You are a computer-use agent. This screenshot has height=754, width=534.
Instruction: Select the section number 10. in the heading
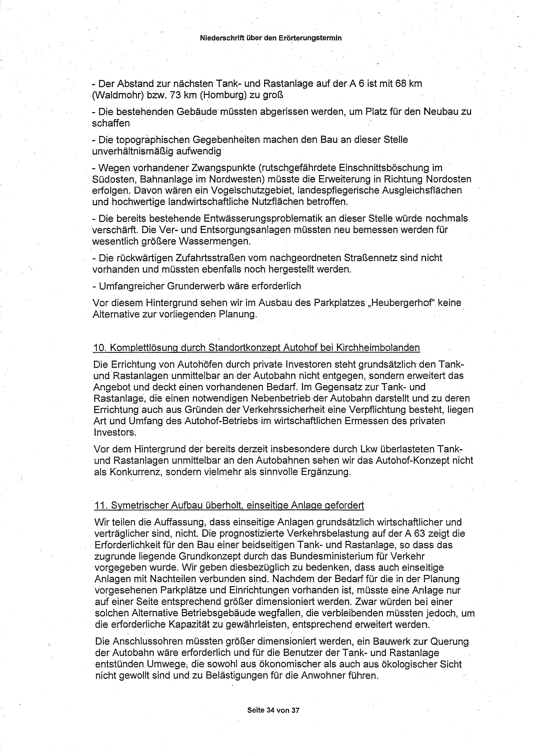[99, 348]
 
